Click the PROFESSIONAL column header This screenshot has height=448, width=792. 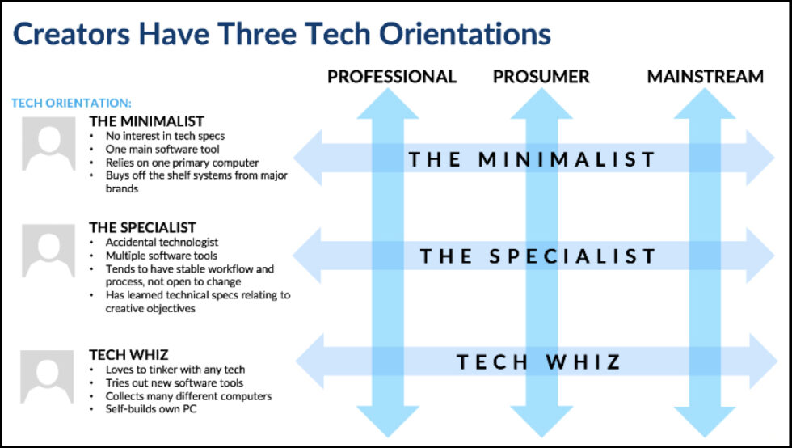(391, 77)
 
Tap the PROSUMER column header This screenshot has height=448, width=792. (541, 77)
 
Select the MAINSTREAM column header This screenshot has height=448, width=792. (705, 77)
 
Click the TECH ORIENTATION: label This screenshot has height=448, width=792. (71, 104)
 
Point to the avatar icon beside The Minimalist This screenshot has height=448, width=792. (48, 144)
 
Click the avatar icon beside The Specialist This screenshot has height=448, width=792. (48, 251)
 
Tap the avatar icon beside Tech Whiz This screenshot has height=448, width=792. (47, 377)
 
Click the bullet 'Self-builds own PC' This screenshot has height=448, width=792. (151, 409)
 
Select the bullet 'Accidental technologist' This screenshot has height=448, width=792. (162, 243)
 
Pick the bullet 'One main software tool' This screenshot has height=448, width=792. (162, 149)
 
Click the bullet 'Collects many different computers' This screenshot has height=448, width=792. (188, 396)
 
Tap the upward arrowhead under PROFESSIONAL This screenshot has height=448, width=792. (387, 104)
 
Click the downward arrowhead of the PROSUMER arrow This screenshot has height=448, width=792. (541, 421)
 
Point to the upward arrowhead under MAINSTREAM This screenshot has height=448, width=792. (705, 104)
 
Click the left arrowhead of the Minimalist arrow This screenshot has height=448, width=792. (308, 158)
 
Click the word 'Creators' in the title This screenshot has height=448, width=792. (72, 35)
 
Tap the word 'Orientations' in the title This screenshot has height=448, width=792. (465, 35)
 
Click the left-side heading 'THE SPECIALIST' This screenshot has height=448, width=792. (142, 227)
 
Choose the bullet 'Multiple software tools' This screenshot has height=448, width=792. (161, 256)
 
